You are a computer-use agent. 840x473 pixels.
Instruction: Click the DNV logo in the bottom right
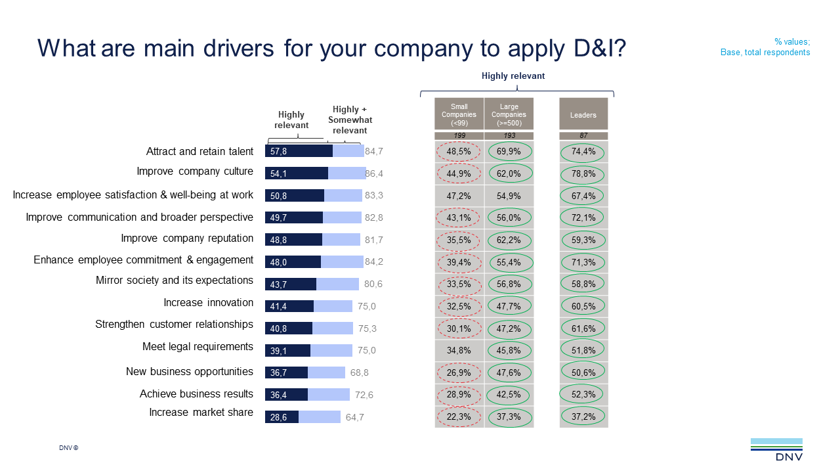pyautogui.click(x=776, y=450)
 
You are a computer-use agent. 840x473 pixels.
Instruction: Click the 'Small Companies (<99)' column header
pyautogui.click(x=459, y=114)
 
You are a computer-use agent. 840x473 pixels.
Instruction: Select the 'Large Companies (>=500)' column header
pyautogui.click(x=509, y=114)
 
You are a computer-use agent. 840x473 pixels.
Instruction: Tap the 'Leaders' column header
pyautogui.click(x=583, y=115)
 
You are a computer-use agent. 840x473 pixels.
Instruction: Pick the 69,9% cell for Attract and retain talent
pyautogui.click(x=509, y=151)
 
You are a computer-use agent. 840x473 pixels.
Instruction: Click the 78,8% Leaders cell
pyautogui.click(x=583, y=173)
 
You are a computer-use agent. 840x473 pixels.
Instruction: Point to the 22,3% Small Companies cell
pyautogui.click(x=459, y=417)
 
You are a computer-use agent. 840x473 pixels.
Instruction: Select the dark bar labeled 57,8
pyautogui.click(x=299, y=151)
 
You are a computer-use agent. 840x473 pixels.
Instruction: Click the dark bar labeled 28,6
pyautogui.click(x=282, y=417)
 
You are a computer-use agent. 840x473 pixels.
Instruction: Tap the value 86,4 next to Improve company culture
pyautogui.click(x=374, y=174)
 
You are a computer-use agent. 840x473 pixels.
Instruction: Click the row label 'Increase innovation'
pyautogui.click(x=208, y=303)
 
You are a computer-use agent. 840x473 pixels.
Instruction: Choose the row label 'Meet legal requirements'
pyautogui.click(x=198, y=347)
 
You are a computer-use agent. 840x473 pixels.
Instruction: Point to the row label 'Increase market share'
pyautogui.click(x=201, y=413)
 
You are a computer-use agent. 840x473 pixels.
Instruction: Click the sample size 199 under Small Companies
pyautogui.click(x=459, y=135)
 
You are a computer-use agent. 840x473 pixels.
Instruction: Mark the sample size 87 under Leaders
pyautogui.click(x=583, y=135)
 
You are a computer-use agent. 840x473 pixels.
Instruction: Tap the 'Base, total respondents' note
pyautogui.click(x=765, y=52)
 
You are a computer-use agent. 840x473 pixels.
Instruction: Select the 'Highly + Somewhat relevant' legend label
pyautogui.click(x=350, y=120)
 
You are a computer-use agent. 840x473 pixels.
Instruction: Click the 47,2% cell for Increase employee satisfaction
pyautogui.click(x=459, y=196)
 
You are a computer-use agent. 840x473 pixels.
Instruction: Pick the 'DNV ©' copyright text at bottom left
pyautogui.click(x=68, y=448)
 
